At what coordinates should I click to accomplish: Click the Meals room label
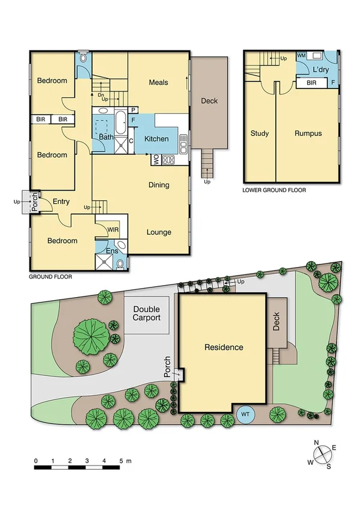(159, 82)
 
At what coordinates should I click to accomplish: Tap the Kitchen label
(156, 139)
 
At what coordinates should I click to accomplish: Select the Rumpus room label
(308, 134)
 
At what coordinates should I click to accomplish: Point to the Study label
(259, 134)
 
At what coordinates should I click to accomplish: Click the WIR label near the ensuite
(114, 230)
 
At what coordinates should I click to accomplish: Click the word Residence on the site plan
(224, 347)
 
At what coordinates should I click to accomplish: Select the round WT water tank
(245, 414)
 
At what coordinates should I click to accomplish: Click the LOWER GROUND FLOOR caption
(274, 190)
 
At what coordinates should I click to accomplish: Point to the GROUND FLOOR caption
(50, 277)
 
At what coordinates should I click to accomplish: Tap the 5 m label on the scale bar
(124, 461)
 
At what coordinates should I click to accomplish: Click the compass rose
(322, 455)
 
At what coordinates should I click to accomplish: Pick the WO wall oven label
(154, 160)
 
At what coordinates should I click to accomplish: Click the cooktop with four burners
(168, 161)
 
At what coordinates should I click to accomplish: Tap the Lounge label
(159, 232)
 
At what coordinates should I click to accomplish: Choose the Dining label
(159, 185)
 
